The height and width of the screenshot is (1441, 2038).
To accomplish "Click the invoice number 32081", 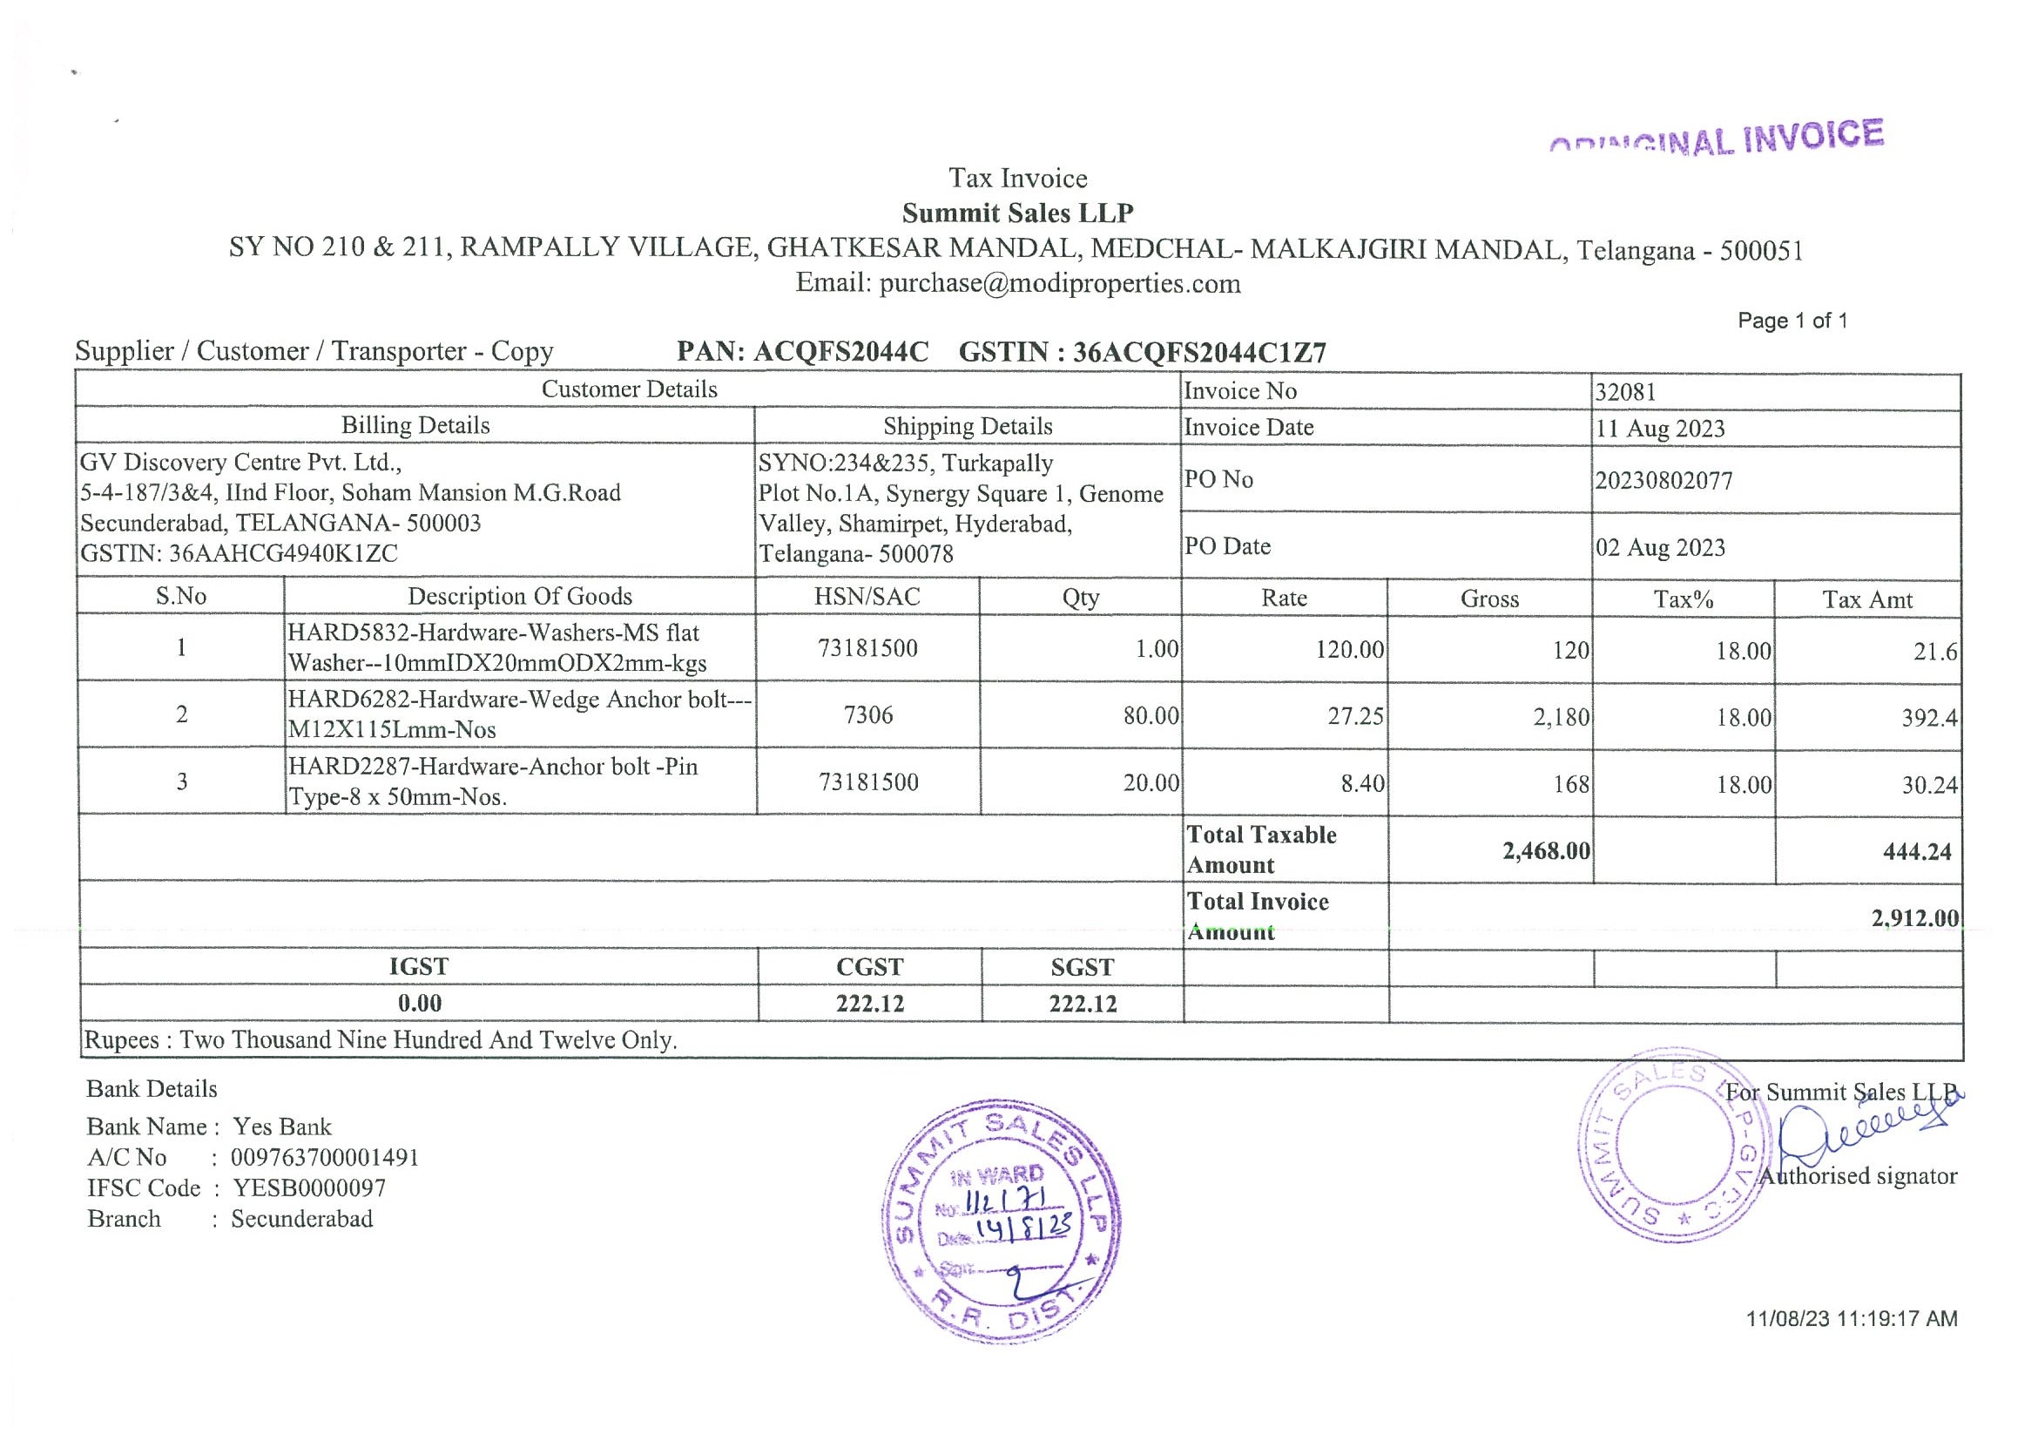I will click(x=1625, y=392).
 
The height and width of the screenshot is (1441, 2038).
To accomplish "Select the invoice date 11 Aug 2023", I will click(x=1660, y=429).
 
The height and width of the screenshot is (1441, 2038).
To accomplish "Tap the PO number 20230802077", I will click(x=1663, y=481).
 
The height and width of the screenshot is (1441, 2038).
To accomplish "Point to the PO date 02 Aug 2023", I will click(x=1660, y=548).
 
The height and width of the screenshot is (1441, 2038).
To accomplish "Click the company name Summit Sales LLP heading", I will click(x=1017, y=213).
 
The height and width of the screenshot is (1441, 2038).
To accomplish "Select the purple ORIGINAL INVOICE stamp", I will click(x=1717, y=140).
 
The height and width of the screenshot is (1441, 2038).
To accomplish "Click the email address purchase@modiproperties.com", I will click(x=1060, y=284).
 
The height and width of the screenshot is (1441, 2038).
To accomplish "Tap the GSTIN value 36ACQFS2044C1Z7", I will click(x=1199, y=354).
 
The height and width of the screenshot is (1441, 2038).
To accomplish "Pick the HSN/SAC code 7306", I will click(x=867, y=714).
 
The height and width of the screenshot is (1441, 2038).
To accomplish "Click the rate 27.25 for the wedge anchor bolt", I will click(x=1354, y=716).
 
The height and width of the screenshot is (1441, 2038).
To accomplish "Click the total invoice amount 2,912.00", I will click(x=1914, y=918).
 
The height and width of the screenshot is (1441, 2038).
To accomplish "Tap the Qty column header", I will click(x=1080, y=598).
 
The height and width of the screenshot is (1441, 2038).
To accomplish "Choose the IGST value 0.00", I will click(x=419, y=1004).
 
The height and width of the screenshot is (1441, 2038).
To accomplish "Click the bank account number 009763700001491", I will click(x=324, y=1158).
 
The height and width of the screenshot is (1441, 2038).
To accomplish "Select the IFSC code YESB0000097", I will click(x=309, y=1188).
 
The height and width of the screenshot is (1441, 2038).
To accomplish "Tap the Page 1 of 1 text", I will click(x=1792, y=321).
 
